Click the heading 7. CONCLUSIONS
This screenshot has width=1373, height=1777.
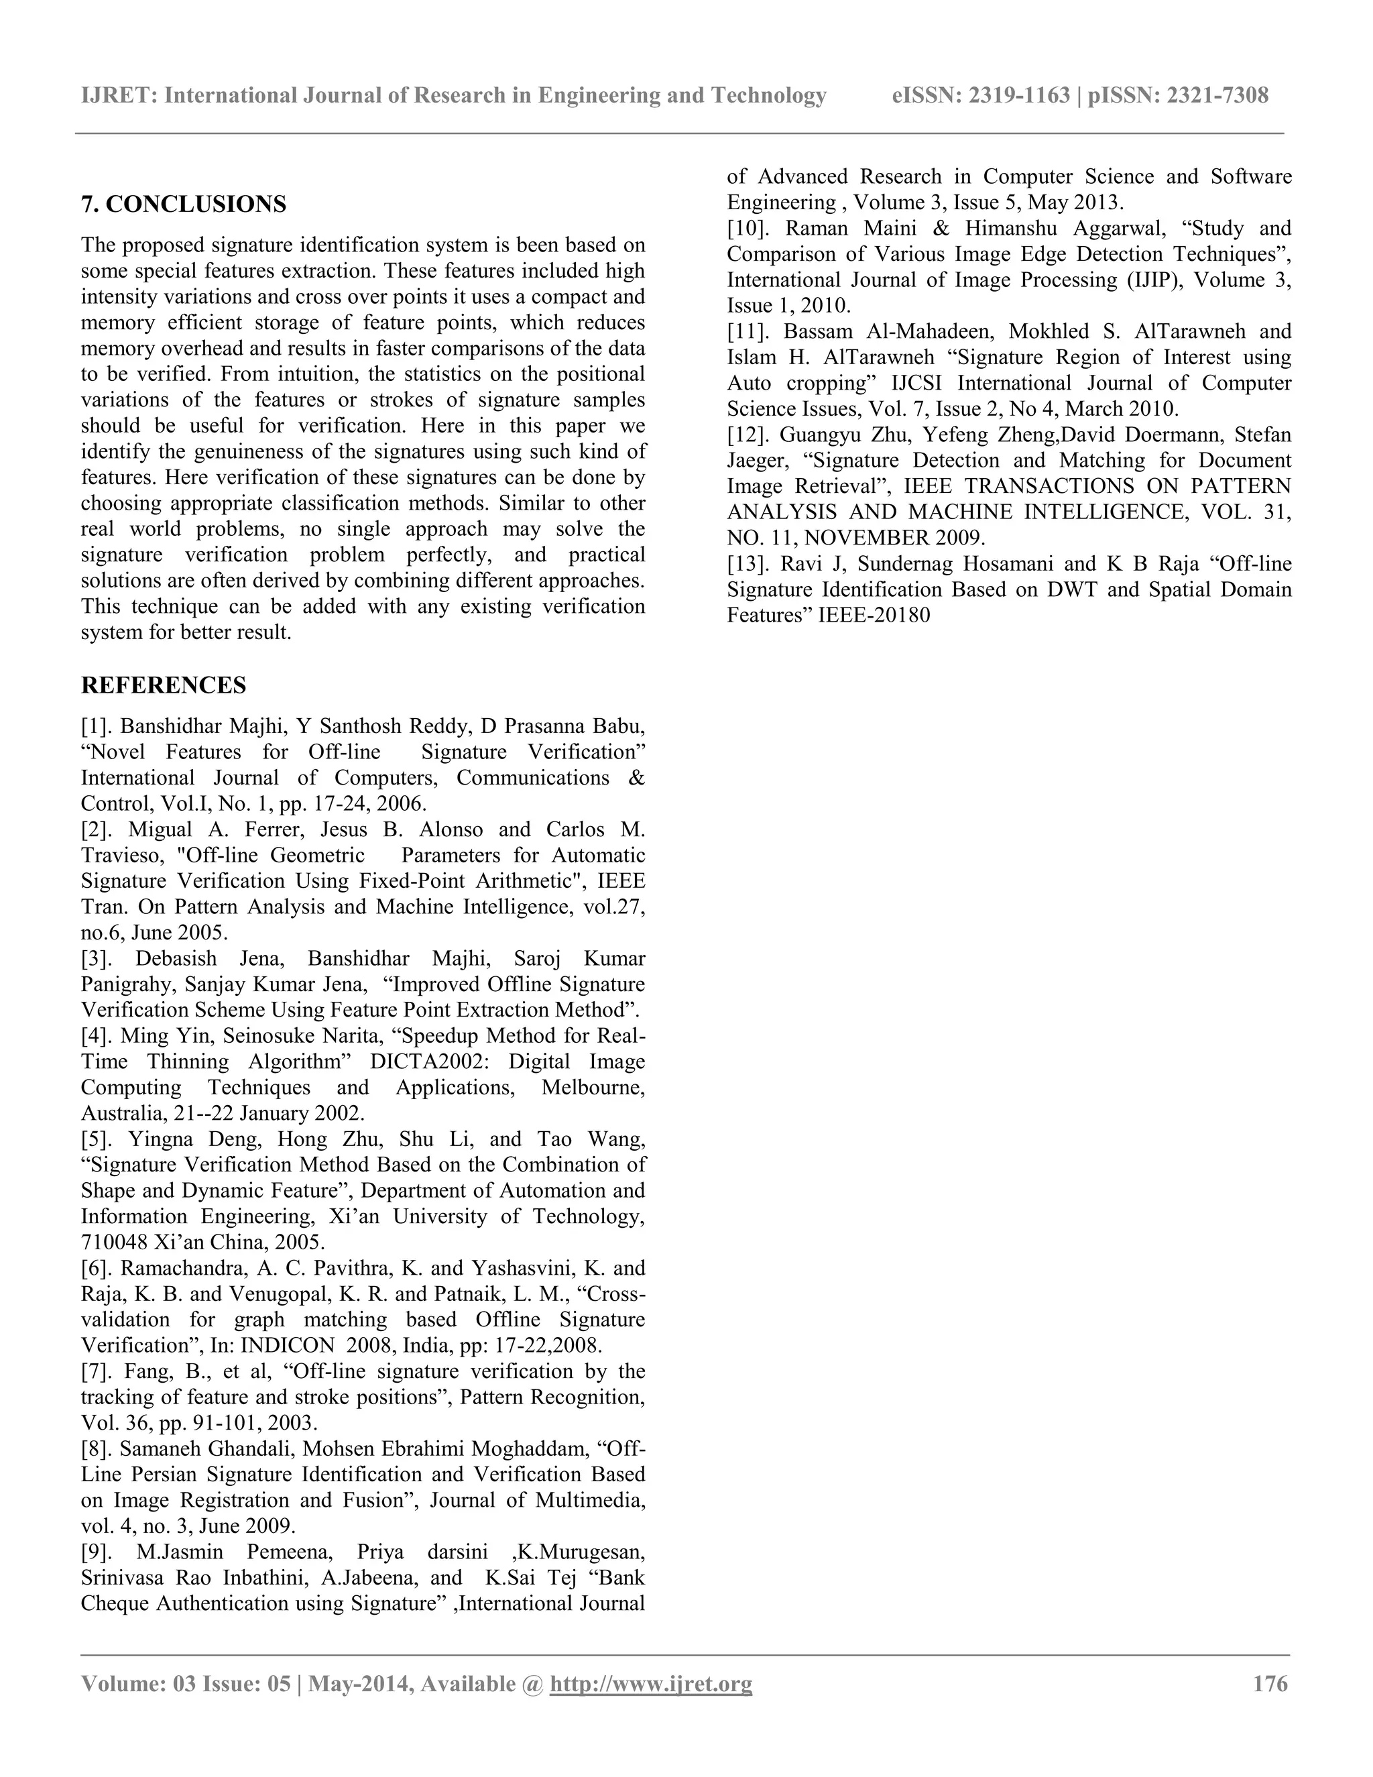pos(183,205)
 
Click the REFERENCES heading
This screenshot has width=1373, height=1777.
pos(164,685)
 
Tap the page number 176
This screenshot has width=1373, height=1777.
pos(1270,1683)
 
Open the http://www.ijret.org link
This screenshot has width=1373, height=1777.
pos(651,1683)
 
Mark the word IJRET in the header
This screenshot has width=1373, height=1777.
pos(119,96)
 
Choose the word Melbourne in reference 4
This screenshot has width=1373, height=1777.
pos(593,1088)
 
